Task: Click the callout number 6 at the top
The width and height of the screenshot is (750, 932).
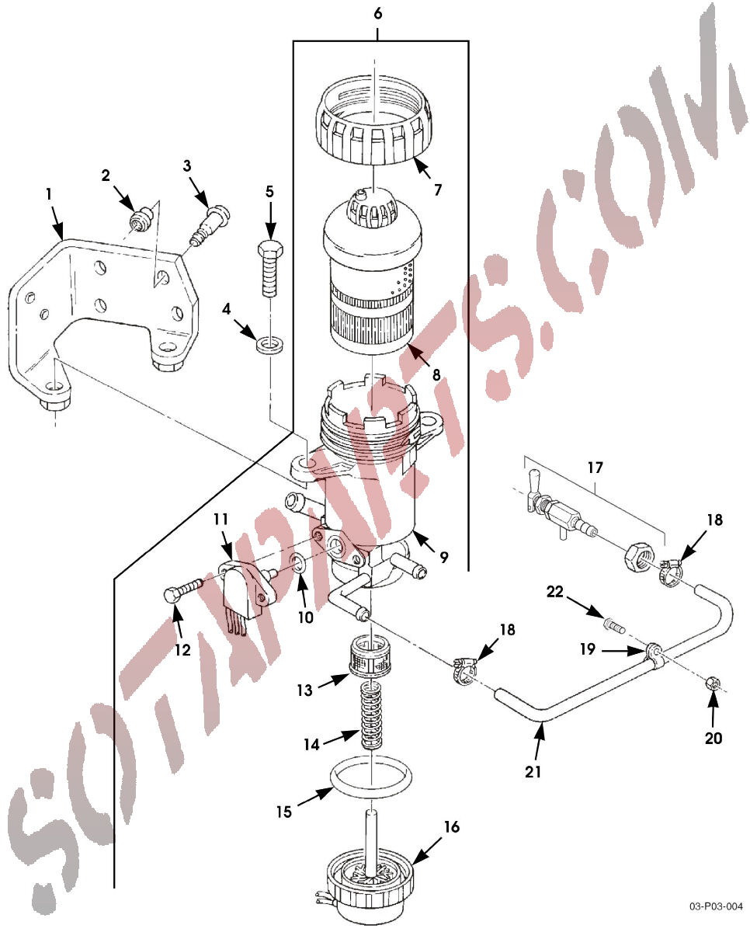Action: click(x=377, y=14)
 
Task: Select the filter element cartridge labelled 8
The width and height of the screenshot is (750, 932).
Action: click(x=373, y=271)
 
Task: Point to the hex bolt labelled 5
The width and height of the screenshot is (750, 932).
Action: click(x=270, y=269)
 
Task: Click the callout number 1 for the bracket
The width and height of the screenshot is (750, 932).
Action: click(x=48, y=194)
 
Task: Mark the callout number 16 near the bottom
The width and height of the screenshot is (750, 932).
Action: click(x=451, y=826)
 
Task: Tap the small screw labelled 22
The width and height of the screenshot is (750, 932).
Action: click(x=613, y=627)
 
